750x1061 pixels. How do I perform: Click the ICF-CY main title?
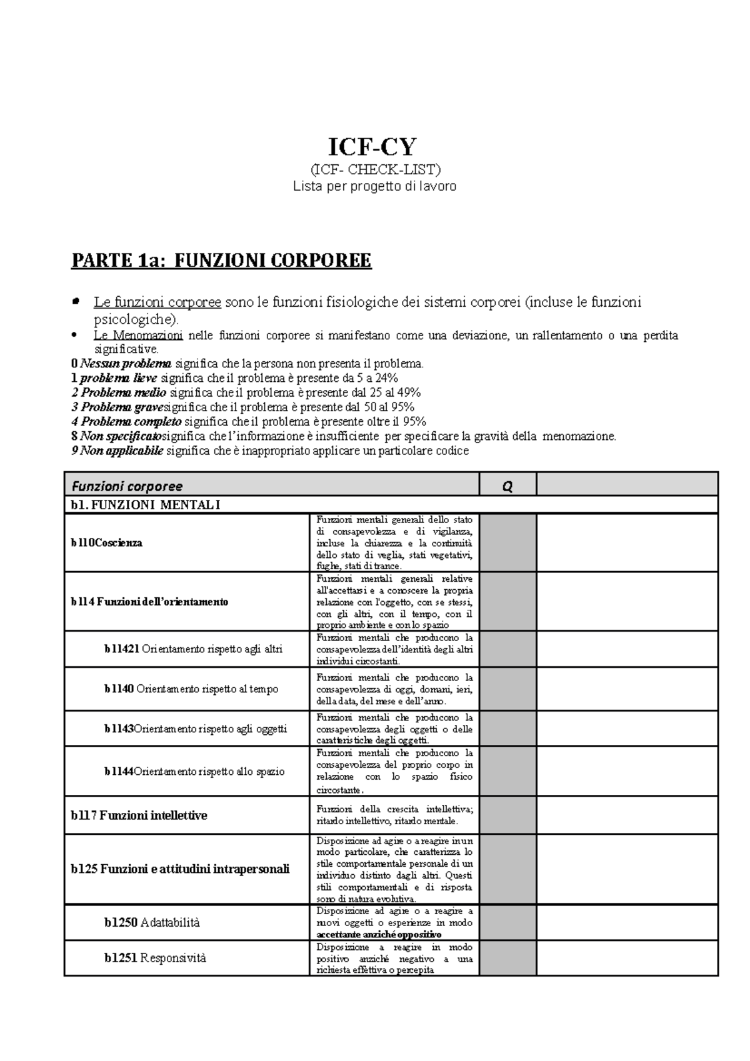point(372,147)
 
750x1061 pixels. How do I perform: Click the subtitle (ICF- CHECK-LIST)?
point(375,169)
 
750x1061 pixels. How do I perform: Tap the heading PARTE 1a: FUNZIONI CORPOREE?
point(221,260)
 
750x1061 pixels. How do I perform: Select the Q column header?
point(507,486)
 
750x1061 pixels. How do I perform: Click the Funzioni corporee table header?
point(127,486)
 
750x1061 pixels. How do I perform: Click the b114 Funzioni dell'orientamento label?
point(149,602)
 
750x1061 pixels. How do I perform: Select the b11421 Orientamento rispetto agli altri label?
point(193,649)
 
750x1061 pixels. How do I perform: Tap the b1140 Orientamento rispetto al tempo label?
point(191,689)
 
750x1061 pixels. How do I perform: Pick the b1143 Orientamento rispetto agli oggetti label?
point(195,729)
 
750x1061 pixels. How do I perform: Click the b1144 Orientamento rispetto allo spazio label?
point(194,771)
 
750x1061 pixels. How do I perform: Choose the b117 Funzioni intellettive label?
point(139,815)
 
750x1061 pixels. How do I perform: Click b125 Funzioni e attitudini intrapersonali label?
point(180,869)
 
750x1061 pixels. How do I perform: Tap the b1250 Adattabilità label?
point(152,922)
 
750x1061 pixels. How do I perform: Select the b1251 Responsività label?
point(155,958)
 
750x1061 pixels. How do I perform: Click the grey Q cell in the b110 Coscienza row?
point(507,542)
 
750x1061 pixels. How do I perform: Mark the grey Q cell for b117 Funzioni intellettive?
point(507,815)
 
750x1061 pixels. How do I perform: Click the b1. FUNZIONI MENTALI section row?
point(145,506)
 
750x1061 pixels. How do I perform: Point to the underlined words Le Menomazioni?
point(138,336)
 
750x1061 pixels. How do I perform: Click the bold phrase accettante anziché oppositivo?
point(379,935)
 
